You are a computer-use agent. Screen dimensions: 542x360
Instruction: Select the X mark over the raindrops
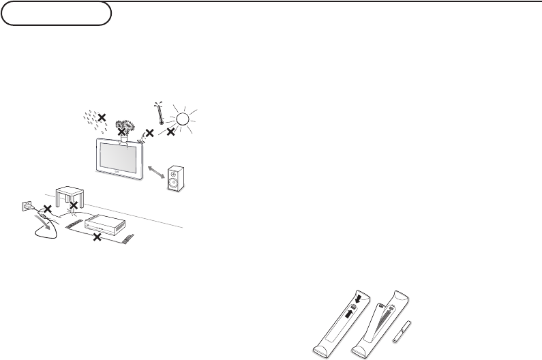(102, 117)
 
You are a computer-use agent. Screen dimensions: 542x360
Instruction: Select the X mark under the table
(73, 205)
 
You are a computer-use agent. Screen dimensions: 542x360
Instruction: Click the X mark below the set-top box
(97, 237)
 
